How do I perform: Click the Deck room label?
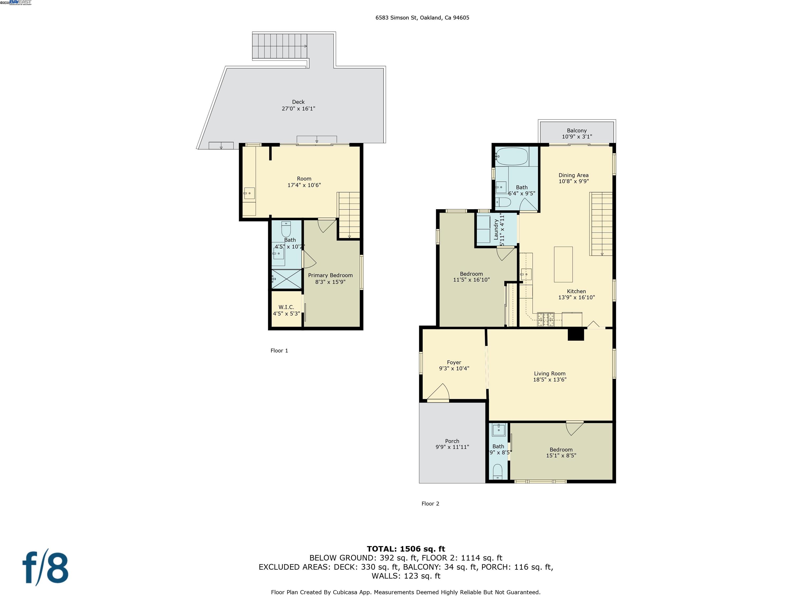[298, 102]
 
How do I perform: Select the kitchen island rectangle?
[563, 264]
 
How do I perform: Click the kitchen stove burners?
[546, 319]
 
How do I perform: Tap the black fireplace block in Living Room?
[576, 334]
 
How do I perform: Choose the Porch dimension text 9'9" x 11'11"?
[452, 447]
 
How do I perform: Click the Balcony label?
[577, 130]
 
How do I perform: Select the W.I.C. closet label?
[286, 307]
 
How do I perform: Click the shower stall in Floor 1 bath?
[286, 279]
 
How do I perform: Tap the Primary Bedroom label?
[330, 275]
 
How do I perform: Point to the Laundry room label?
[496, 230]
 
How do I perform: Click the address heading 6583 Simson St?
[422, 18]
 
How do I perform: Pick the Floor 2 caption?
[430, 504]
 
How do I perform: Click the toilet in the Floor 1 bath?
[286, 229]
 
